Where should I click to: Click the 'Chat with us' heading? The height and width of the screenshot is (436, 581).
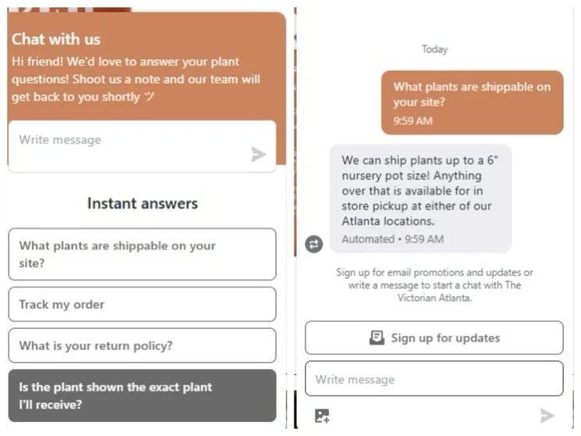coord(56,39)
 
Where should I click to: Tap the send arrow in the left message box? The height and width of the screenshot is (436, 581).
coord(258,154)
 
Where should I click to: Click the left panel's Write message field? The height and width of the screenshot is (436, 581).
coord(142,146)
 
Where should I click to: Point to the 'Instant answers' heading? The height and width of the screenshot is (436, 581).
coord(143,203)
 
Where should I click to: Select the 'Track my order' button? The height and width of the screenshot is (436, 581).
coord(142,305)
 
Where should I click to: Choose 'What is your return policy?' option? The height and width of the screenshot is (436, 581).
coord(142,345)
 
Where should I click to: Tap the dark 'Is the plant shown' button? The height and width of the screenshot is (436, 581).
coord(142,395)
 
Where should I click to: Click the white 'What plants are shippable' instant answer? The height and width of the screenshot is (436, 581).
coord(142,255)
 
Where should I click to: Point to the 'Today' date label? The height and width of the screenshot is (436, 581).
coord(435,49)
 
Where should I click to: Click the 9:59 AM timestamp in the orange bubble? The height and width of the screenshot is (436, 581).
coord(413,121)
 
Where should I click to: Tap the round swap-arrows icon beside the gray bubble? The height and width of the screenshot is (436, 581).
coord(314,244)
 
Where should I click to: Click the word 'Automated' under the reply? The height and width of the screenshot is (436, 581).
coord(368,239)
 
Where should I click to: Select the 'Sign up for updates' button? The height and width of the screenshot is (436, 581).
coord(434,338)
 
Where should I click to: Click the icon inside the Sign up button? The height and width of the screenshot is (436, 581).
coord(376,338)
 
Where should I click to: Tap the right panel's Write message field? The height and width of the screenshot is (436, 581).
coord(434,379)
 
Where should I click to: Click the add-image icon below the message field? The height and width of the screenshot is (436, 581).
coord(322,416)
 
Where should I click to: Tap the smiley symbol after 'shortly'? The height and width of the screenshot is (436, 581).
coord(149,97)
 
